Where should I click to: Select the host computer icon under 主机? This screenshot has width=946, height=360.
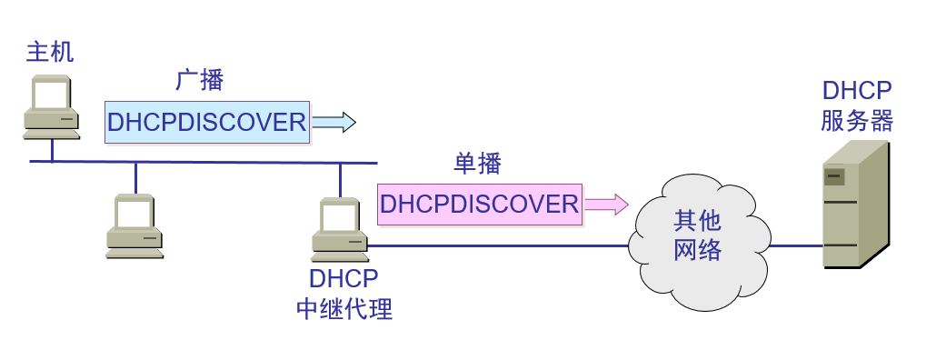51,107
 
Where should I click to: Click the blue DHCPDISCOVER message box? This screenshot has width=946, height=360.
207,122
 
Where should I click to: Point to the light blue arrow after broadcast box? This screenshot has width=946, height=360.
334,122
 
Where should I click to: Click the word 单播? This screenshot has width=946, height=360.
477,164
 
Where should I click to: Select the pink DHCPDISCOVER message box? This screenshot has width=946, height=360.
479,204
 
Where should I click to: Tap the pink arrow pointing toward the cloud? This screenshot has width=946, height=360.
605,204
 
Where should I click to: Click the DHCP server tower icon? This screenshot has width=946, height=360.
855,205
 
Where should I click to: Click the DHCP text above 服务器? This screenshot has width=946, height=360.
856,91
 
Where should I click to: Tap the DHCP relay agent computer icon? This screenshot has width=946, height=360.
340,228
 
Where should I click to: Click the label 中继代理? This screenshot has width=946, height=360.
344,309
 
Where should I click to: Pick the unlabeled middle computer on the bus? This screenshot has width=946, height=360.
134,225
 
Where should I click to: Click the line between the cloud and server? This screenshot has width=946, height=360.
795,245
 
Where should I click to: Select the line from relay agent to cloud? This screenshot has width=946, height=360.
500,245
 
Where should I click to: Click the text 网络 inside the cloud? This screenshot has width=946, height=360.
698,250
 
